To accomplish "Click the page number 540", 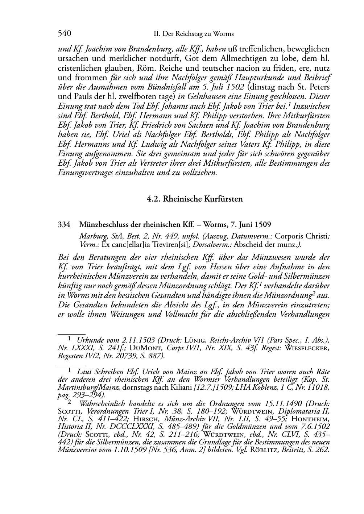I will click(x=64, y=34).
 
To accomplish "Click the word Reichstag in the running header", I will click(x=188, y=34).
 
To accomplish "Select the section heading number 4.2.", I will click(x=154, y=199).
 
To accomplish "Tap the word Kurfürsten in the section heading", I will click(x=224, y=199).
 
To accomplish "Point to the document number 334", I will click(x=64, y=224).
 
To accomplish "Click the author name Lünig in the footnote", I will click(x=196, y=340).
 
